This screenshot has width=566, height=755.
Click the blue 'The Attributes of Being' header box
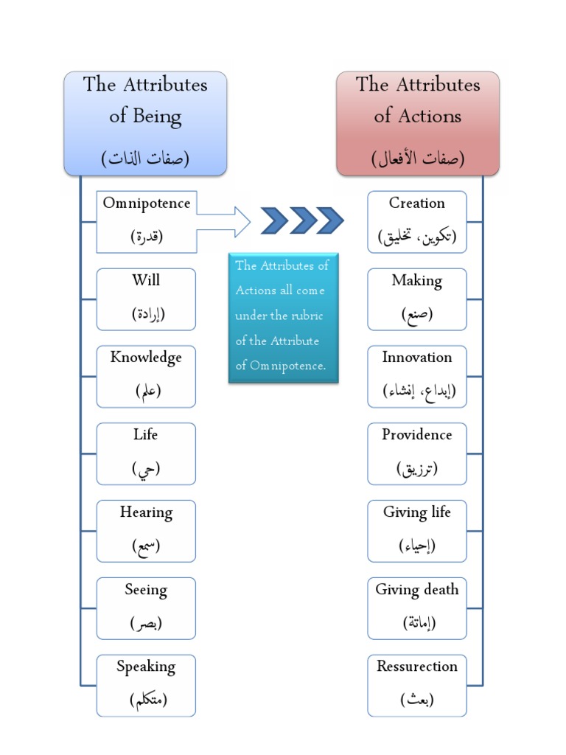point(145,123)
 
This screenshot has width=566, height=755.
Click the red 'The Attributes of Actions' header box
point(418,123)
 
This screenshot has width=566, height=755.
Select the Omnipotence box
point(146,220)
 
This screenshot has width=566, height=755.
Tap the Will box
point(146,299)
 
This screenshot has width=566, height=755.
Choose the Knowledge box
point(146,376)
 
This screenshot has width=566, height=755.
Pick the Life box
point(146,453)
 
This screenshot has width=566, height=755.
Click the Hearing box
point(146,531)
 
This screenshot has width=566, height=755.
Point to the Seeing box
point(146,608)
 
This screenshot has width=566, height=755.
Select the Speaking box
point(146,686)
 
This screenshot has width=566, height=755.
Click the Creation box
point(417,221)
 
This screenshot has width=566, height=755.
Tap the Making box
point(417,299)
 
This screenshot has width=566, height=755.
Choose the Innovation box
point(417,376)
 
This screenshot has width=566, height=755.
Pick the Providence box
point(417,453)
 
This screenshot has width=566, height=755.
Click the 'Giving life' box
point(417,531)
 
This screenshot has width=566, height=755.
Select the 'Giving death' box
point(417,608)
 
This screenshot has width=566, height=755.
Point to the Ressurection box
point(417,686)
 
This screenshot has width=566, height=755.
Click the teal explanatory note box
point(283,317)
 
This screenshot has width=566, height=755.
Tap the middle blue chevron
point(303,220)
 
